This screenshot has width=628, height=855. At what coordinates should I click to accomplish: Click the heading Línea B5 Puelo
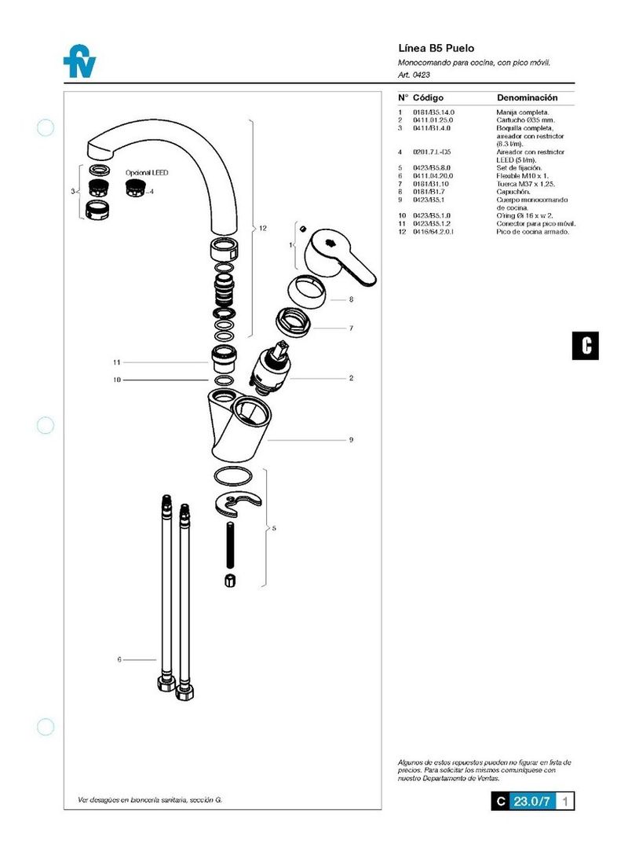click(436, 48)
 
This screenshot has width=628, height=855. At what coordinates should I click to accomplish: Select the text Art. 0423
click(415, 75)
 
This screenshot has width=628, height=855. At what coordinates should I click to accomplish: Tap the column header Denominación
click(527, 97)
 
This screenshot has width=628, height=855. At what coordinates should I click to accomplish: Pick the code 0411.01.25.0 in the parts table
click(433, 120)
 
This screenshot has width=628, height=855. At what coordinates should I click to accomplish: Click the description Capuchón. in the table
click(514, 191)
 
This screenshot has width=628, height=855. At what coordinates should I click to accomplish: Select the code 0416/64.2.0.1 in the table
click(436, 232)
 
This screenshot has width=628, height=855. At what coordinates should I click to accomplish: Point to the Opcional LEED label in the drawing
click(147, 172)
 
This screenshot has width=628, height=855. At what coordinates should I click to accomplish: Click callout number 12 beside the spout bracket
click(263, 229)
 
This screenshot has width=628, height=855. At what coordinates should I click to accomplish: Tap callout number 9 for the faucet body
click(352, 440)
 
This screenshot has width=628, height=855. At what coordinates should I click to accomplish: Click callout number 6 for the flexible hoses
click(119, 660)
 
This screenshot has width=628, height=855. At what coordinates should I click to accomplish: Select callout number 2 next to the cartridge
click(352, 378)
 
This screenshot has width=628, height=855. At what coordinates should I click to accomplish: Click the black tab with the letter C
click(585, 345)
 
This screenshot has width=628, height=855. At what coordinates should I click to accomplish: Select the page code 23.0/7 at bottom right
click(532, 802)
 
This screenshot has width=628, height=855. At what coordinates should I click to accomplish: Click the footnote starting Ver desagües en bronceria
click(149, 799)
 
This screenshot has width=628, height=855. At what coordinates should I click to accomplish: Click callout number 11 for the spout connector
click(115, 362)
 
